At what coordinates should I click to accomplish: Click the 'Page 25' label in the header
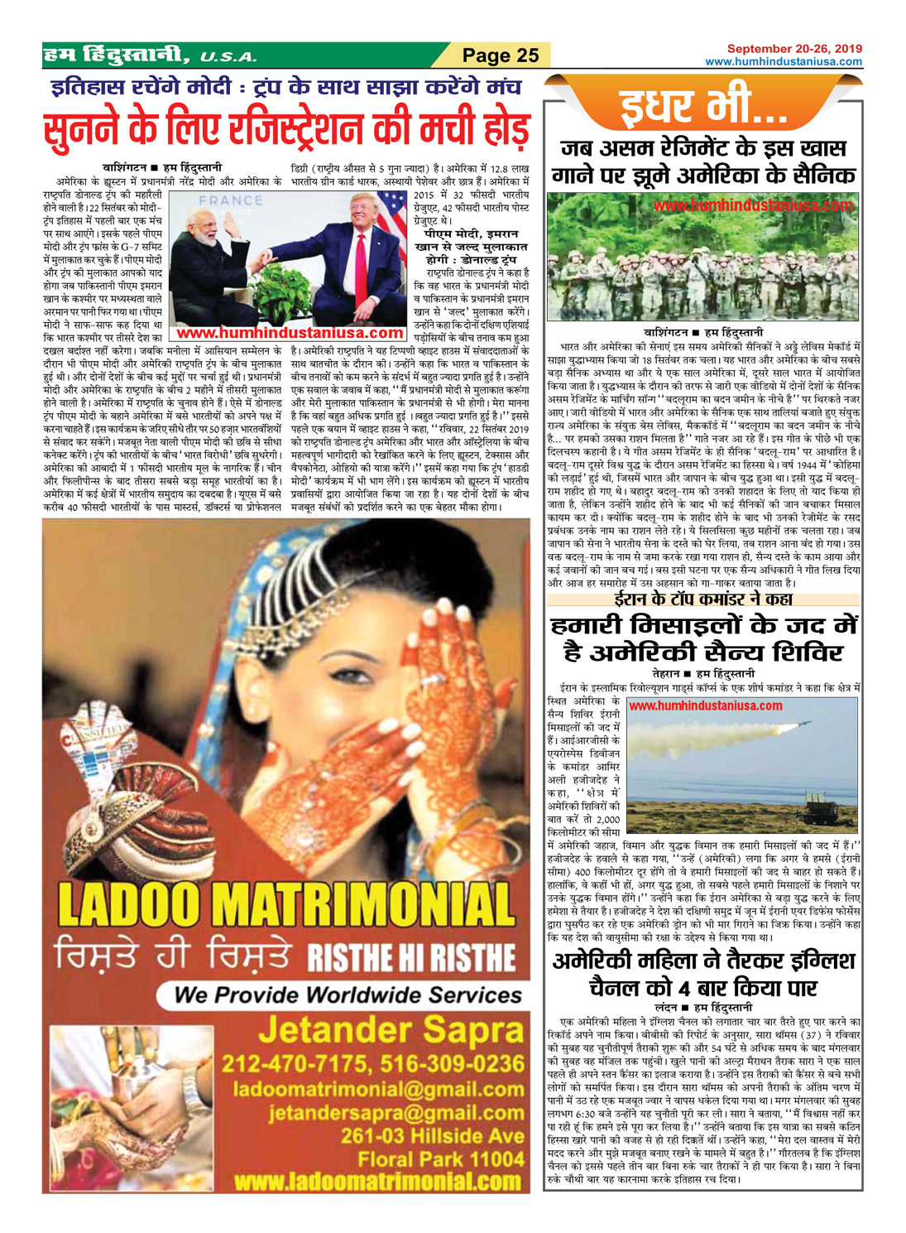501,55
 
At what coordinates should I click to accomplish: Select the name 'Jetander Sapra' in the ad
391,1031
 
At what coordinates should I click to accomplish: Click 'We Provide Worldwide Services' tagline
348,994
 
